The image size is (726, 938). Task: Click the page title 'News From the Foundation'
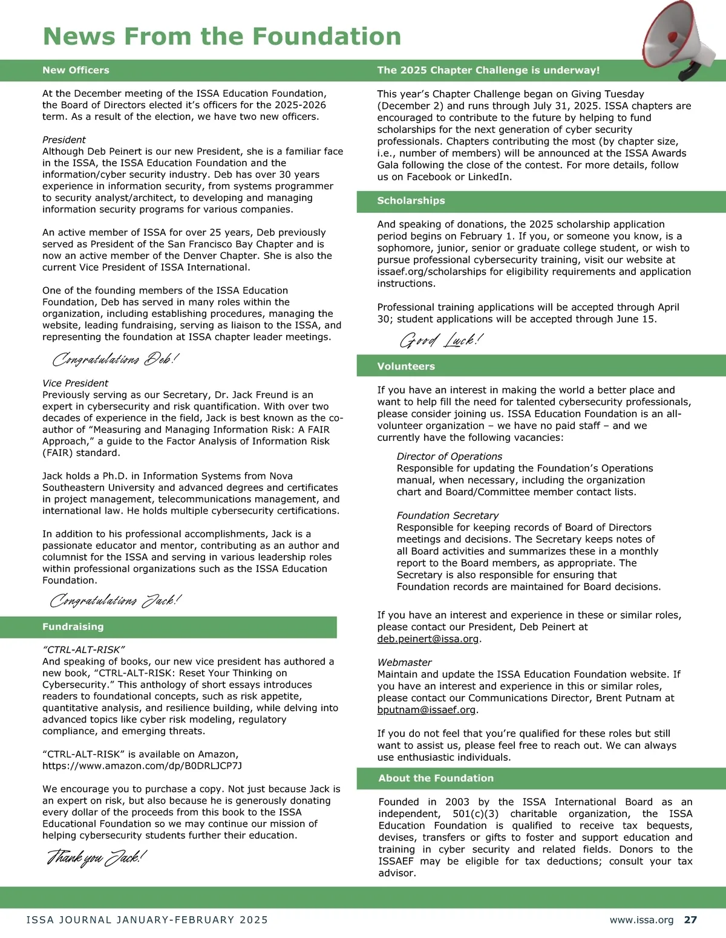coord(222,36)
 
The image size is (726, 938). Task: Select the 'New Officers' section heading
coord(76,70)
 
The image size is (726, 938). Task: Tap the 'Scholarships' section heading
coord(411,201)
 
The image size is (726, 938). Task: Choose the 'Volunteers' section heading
coord(406,366)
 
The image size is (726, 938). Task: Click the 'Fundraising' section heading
coord(73,627)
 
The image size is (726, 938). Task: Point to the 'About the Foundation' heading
coord(436,778)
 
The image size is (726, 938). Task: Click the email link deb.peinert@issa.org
coord(428,639)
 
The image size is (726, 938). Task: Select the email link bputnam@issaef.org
coord(427,709)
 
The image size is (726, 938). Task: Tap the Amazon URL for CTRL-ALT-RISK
coord(142,766)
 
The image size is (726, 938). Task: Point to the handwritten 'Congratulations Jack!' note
coord(115,601)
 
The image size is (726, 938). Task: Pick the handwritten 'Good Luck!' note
coord(441,340)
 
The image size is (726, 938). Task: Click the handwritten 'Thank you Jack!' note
coord(97,858)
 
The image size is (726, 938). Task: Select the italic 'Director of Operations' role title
coord(449,457)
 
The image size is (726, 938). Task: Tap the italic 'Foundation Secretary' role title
coord(447,515)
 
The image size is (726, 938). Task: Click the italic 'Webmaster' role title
coord(404,662)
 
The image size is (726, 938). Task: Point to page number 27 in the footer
coord(690,920)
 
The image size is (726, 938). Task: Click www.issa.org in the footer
coord(641,920)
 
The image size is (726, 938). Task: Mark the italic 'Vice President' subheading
coord(75,383)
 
